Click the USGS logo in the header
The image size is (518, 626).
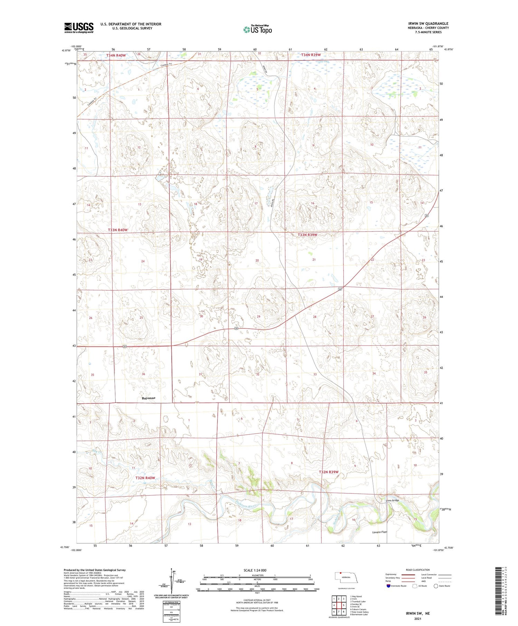pos(79,28)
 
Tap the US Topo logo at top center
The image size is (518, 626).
pos(257,30)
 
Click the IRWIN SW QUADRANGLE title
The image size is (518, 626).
pos(428,23)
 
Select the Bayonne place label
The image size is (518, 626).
pos(148,398)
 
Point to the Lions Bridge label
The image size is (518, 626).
pos(392,500)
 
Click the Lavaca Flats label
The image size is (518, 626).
pos(380,532)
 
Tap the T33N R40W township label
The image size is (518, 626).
pos(118,230)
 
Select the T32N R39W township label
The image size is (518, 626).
pos(328,472)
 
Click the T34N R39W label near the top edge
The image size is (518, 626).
pos(311,55)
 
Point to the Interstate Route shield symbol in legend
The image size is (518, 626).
pos(388,586)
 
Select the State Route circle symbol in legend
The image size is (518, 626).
pos(436,586)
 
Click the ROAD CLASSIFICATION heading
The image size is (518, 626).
pos(418,570)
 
